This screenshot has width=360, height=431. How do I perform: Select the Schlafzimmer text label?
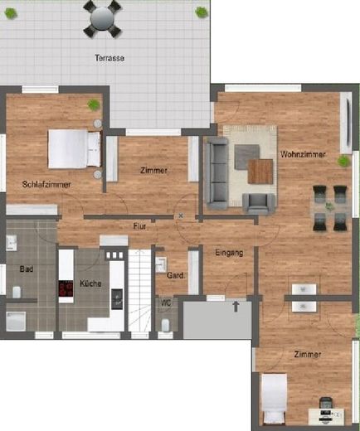click(46, 184)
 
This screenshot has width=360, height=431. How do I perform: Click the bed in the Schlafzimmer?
click(73, 149)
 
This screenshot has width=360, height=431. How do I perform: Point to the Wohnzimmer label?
click(303, 155)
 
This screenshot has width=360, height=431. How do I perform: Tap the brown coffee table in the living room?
click(260, 172)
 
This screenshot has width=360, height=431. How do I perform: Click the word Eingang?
click(228, 252)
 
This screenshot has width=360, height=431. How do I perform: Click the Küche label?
click(90, 284)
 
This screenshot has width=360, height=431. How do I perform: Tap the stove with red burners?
click(66, 288)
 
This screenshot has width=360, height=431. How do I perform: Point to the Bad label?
click(26, 269)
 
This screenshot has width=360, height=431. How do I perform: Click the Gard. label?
click(175, 276)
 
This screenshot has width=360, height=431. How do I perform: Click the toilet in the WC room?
click(168, 322)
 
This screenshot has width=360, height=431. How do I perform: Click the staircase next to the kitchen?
click(140, 290)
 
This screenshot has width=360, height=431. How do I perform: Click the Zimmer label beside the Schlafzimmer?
click(153, 170)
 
